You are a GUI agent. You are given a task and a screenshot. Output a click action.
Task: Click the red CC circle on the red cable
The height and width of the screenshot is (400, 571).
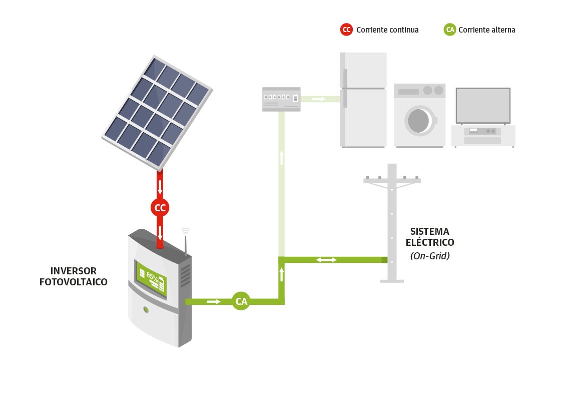pyautogui.click(x=160, y=208)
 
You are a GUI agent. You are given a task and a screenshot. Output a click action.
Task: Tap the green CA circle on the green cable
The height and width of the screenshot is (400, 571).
pyautogui.click(x=241, y=301)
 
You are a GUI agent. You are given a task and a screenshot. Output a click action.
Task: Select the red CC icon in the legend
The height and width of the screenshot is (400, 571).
pyautogui.click(x=346, y=30)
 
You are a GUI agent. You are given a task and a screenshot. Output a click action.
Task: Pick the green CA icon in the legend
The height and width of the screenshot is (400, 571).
pyautogui.click(x=450, y=30)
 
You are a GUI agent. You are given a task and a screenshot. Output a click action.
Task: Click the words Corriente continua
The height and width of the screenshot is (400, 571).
pyautogui.click(x=387, y=30)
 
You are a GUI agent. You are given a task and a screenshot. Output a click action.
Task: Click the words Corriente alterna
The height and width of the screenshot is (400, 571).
pyautogui.click(x=486, y=30)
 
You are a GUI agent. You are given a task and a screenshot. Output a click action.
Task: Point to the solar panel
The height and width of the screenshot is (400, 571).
pyautogui.click(x=157, y=112)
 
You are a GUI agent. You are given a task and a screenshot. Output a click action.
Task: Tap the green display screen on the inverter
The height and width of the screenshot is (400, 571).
pyautogui.click(x=152, y=278)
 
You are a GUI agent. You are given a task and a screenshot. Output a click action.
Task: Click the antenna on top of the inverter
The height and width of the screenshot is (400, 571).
pyautogui.click(x=186, y=243)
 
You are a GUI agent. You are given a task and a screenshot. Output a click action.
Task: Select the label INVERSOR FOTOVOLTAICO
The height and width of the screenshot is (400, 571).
pyautogui.click(x=74, y=276)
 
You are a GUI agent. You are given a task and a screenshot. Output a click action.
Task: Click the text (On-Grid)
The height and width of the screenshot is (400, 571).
pyautogui.click(x=430, y=255)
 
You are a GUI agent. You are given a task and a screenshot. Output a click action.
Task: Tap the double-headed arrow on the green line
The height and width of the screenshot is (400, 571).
pyautogui.click(x=326, y=259)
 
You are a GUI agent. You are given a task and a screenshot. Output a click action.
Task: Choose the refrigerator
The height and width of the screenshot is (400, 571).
pyautogui.click(x=363, y=100)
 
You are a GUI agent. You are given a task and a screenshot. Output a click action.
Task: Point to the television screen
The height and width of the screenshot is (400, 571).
pyautogui.click(x=483, y=105)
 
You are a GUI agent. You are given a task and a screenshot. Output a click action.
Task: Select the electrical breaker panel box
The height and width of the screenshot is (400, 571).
pyautogui.click(x=281, y=99)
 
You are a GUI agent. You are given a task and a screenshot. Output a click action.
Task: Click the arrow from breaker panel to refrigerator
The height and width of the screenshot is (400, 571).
pyautogui.click(x=318, y=99)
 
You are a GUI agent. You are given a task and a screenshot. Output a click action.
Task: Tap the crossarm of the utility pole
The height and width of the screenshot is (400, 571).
pyautogui.click(x=392, y=180)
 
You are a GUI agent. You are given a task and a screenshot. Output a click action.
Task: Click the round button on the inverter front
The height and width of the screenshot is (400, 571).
pyautogui.click(x=146, y=310)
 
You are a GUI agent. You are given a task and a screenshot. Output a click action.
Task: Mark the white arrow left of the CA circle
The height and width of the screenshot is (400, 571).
pyautogui.click(x=214, y=301)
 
